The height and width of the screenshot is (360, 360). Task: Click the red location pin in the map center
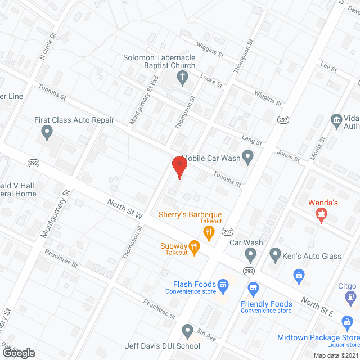179,167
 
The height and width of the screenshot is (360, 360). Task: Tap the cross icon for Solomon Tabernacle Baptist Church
182,78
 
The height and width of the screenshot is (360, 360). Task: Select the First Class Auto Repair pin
47,133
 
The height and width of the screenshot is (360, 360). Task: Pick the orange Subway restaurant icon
194,246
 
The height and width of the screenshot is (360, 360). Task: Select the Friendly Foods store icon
253,289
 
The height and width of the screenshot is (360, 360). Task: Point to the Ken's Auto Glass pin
275,255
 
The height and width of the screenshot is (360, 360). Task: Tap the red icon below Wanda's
321,214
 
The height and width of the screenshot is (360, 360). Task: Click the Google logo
19,353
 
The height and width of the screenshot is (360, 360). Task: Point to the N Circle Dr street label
47,46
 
